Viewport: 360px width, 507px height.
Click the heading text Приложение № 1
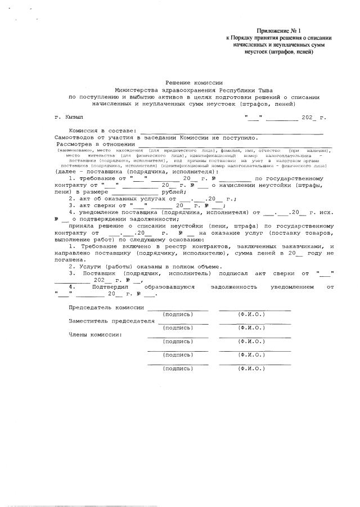tap(279, 30)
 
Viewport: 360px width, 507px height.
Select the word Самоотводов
tap(76, 137)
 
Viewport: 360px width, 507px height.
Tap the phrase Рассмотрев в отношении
tap(96, 144)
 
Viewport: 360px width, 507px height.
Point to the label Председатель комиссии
tap(106, 308)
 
